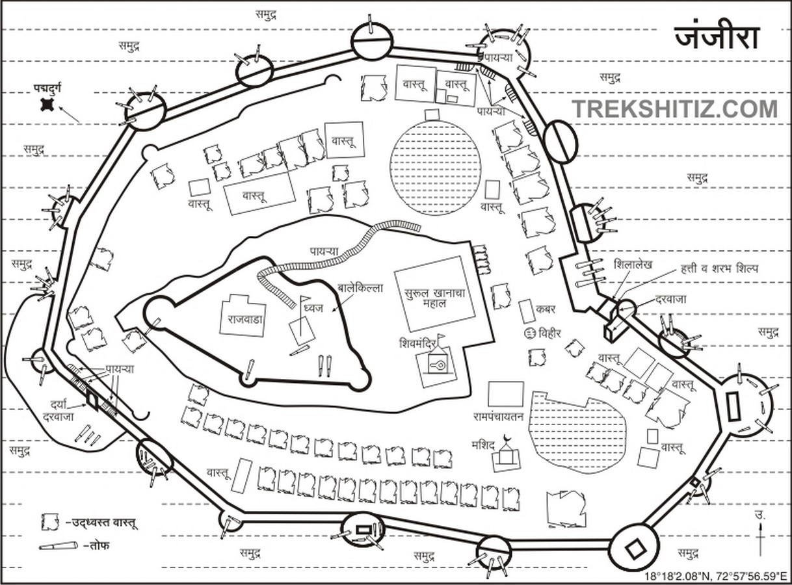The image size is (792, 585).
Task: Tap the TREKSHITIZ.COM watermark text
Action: pos(674,109)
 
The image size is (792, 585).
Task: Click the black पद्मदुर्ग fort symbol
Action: pos(47,105)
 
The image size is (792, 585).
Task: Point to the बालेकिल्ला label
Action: pos(360,288)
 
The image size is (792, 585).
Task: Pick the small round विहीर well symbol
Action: pos(529,333)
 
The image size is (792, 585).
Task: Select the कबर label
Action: pos(546,309)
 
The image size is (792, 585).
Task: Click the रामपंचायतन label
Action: pos(498,417)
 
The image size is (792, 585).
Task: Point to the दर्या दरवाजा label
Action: pos(59,409)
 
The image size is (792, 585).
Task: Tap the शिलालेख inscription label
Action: pos(633,265)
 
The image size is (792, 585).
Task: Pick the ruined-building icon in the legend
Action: pos(50,522)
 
